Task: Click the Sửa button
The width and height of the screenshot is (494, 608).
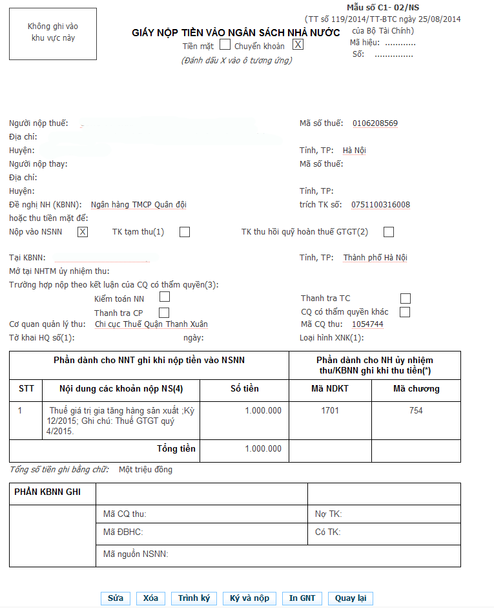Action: pyautogui.click(x=116, y=598)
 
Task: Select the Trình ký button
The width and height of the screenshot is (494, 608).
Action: pyautogui.click(x=194, y=598)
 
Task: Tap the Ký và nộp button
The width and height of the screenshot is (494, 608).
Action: pyautogui.click(x=249, y=598)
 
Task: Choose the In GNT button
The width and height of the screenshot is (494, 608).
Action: pyautogui.click(x=302, y=598)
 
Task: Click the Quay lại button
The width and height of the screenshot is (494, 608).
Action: pyautogui.click(x=351, y=598)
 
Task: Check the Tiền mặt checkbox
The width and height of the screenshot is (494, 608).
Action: pyautogui.click(x=225, y=45)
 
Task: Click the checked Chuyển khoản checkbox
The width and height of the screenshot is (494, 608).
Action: pyautogui.click(x=298, y=45)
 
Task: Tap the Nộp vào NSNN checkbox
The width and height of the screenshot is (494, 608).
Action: pyautogui.click(x=83, y=232)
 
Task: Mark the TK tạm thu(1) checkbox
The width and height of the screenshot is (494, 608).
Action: pyautogui.click(x=185, y=232)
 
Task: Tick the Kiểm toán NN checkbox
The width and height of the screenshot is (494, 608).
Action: pyautogui.click(x=165, y=297)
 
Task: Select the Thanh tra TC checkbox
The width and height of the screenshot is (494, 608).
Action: pyautogui.click(x=406, y=299)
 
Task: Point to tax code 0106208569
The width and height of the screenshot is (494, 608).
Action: pyautogui.click(x=375, y=123)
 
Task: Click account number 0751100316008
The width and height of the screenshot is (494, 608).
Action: pyautogui.click(x=380, y=205)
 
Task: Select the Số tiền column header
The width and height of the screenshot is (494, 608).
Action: pyautogui.click(x=245, y=389)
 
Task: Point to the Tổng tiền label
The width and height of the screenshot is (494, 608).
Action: pyautogui.click(x=176, y=448)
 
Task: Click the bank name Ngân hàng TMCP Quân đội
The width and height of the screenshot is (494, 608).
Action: pyautogui.click(x=139, y=205)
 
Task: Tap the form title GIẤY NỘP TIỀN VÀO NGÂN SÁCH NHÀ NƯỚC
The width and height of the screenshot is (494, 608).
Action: pyautogui.click(x=236, y=32)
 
